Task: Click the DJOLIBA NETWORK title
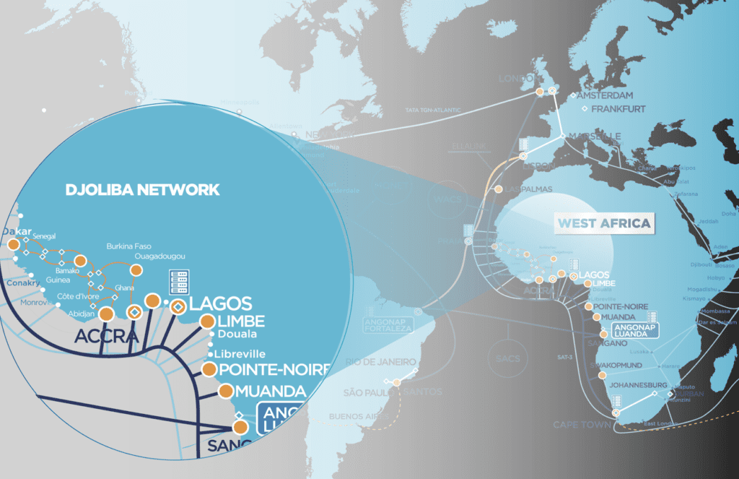pos(142,190)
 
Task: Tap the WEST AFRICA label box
pos(603,223)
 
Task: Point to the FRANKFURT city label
pos(612,110)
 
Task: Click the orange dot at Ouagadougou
pos(135,269)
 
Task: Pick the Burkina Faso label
pos(129,246)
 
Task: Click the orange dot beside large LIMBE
pos(206,322)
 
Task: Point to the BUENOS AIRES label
pos(354,417)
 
